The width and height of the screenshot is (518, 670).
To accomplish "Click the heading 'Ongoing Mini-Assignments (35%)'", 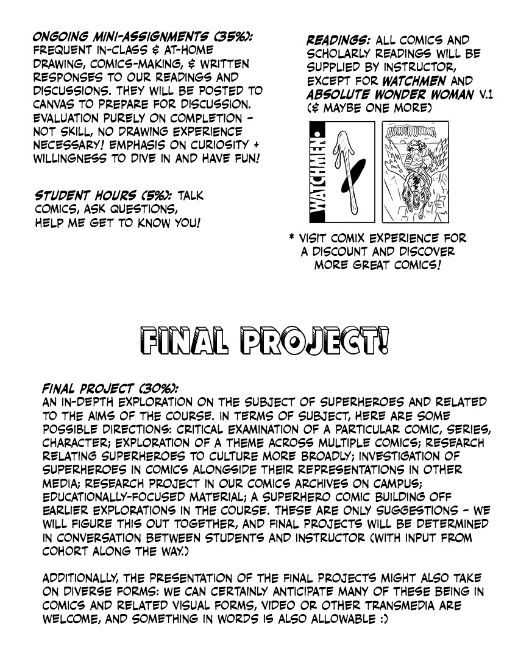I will pyautogui.click(x=143, y=38).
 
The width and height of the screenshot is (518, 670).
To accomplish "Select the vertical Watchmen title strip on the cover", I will pyautogui.click(x=319, y=172).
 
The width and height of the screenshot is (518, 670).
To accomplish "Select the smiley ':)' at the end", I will pyautogui.click(x=380, y=619).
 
